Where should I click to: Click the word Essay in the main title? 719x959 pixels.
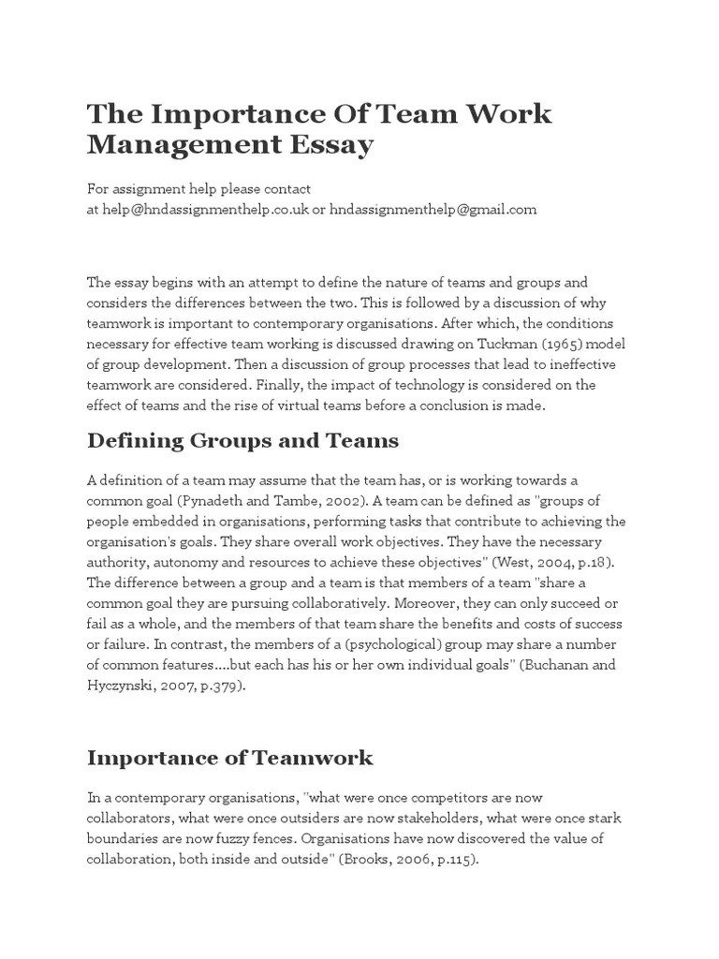tap(329, 145)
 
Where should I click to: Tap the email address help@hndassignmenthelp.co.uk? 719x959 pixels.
tap(203, 210)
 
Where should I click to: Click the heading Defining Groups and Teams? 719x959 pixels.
tap(242, 440)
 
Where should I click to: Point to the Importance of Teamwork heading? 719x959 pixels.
tap(229, 758)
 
